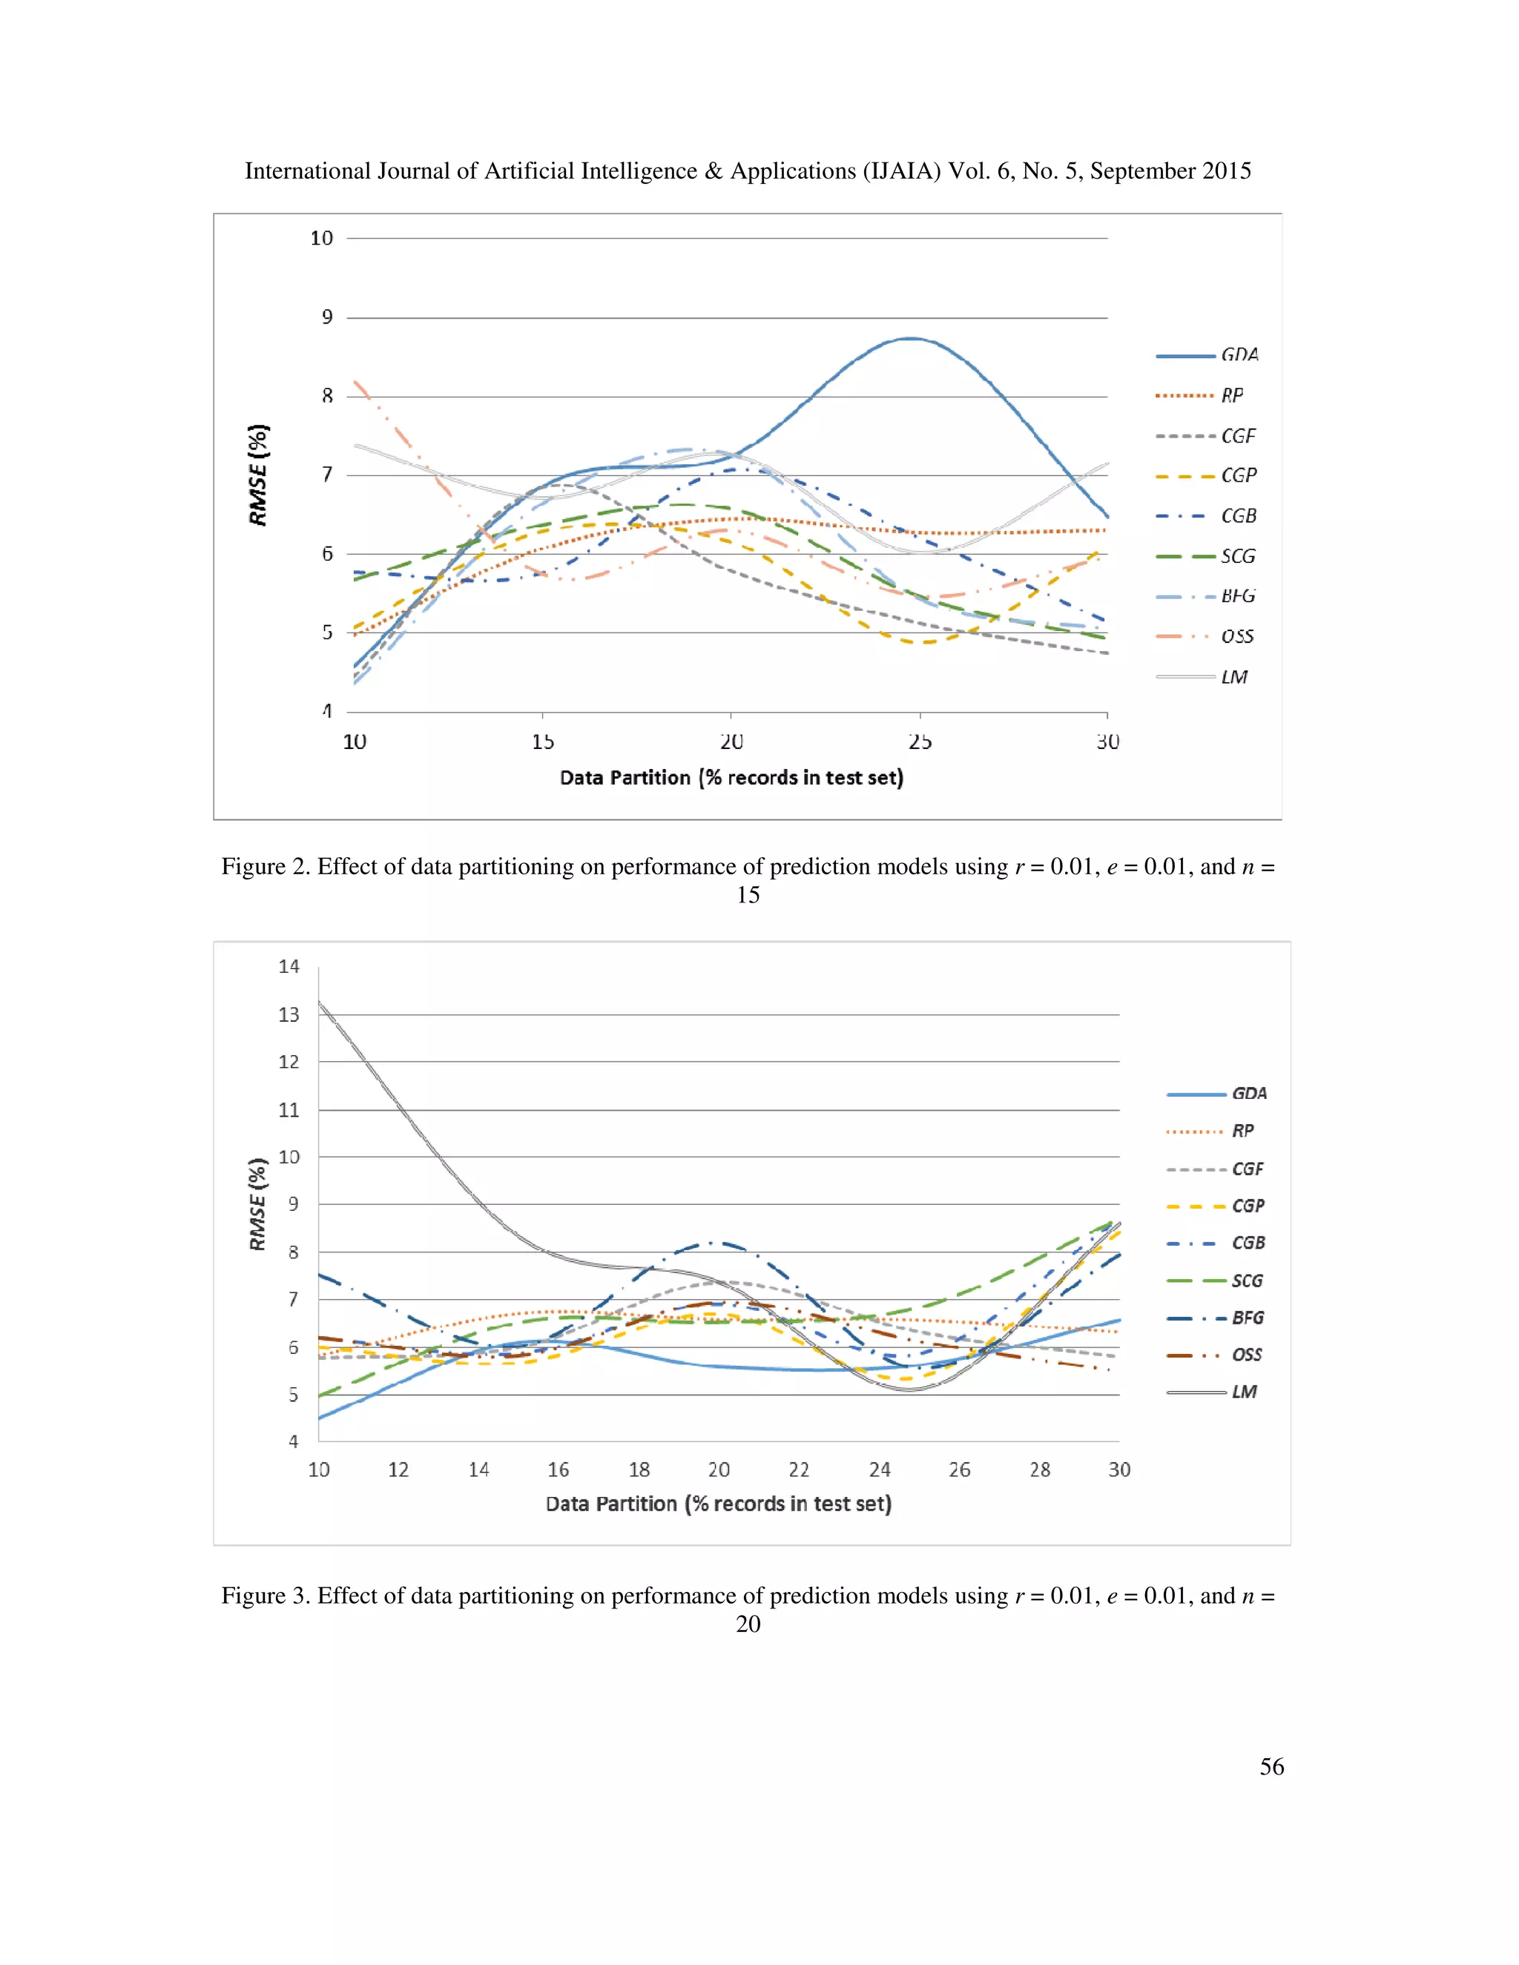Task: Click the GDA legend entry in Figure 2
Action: tap(1239, 354)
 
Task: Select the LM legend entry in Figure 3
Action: tap(1244, 1392)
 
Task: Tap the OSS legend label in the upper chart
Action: tap(1237, 636)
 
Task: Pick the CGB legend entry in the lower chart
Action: tap(1248, 1243)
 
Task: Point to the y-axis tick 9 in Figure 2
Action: tap(328, 317)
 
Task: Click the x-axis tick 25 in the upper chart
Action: tap(920, 742)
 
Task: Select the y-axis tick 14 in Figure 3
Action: tap(289, 966)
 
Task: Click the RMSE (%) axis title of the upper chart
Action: tap(258, 475)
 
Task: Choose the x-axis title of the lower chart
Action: tap(718, 1504)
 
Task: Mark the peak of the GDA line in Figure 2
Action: tap(912, 338)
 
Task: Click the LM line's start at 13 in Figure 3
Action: tap(320, 1003)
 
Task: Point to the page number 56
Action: tap(1271, 1766)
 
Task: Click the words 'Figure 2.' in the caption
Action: tap(266, 866)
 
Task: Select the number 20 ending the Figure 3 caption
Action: tap(748, 1624)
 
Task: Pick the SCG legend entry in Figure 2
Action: tap(1237, 556)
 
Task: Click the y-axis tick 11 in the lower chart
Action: tap(289, 1109)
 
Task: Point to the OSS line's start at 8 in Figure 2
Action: tap(357, 383)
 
